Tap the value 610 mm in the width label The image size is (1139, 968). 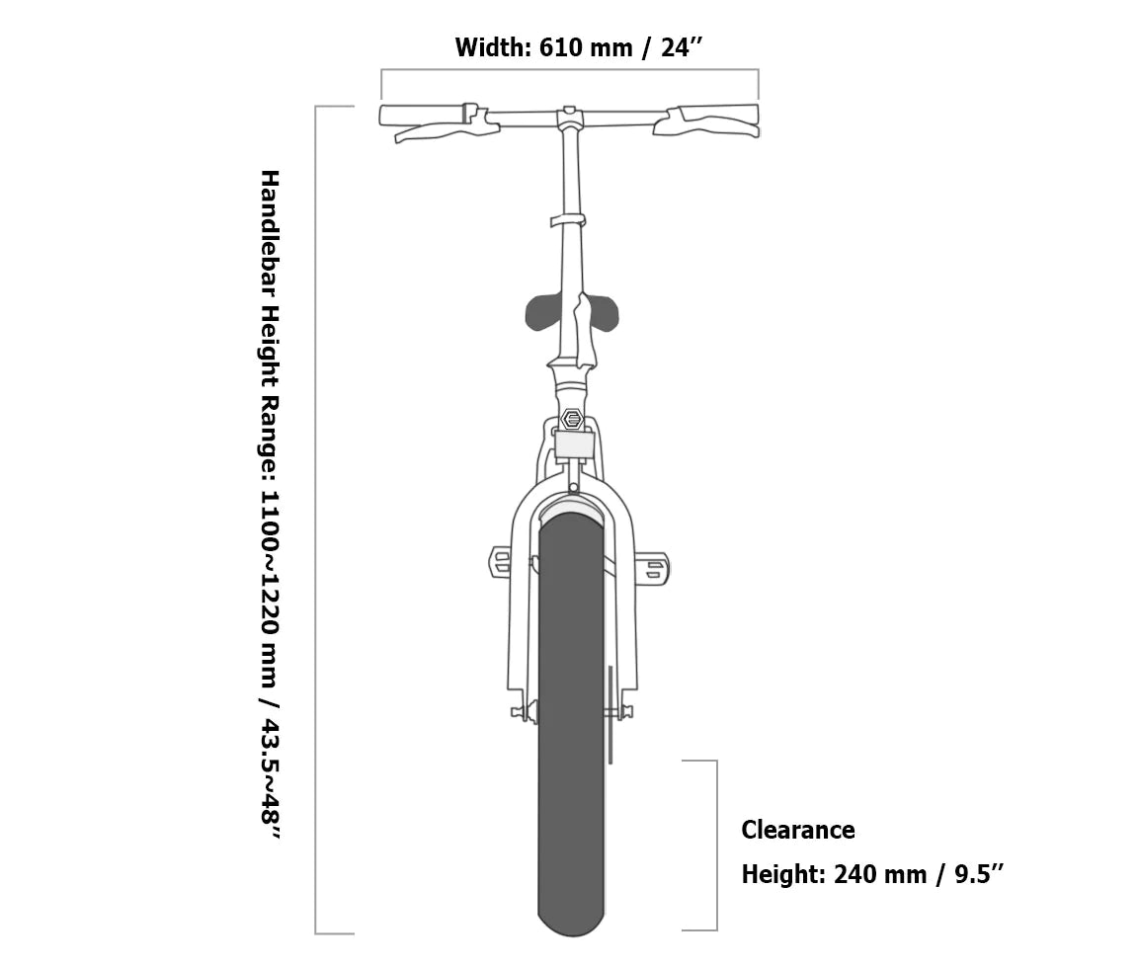point(586,48)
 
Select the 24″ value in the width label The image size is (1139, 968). point(682,48)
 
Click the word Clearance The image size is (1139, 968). point(797,830)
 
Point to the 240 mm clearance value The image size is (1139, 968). point(880,873)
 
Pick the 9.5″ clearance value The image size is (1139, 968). point(979,873)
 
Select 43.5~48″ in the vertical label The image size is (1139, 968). point(270,779)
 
